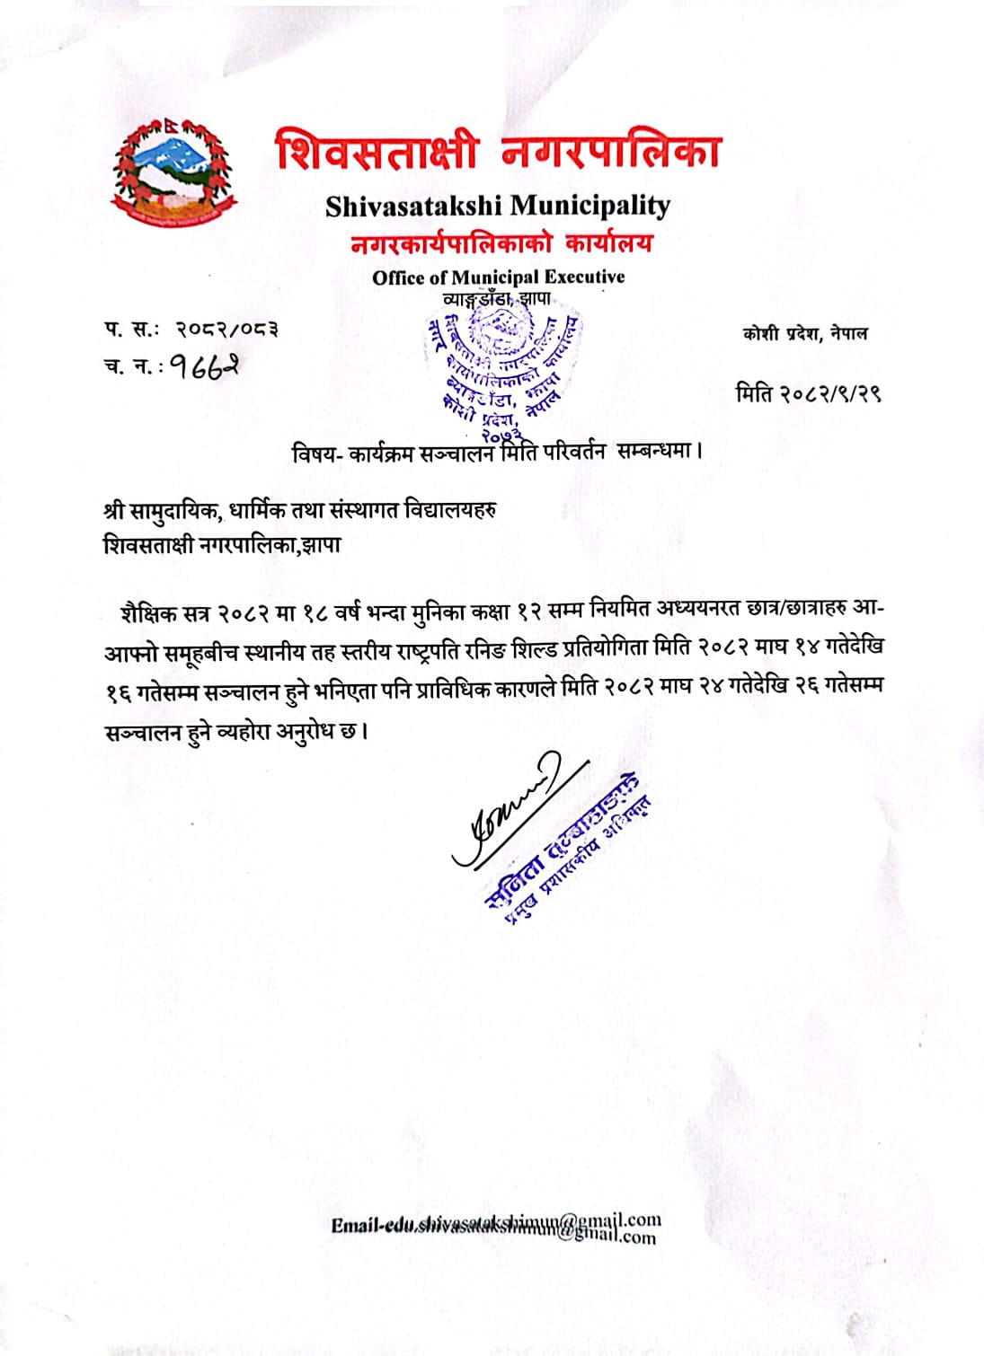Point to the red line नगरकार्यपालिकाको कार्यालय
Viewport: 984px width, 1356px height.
[501, 243]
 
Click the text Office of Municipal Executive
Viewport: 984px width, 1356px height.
[498, 277]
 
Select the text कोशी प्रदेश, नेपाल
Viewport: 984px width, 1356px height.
[805, 334]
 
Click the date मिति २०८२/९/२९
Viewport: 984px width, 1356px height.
[807, 393]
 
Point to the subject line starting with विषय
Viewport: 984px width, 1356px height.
[496, 452]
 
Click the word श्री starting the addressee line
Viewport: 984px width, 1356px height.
[113, 511]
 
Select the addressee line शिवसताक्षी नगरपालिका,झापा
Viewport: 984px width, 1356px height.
[222, 545]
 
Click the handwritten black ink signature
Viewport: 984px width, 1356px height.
[509, 812]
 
